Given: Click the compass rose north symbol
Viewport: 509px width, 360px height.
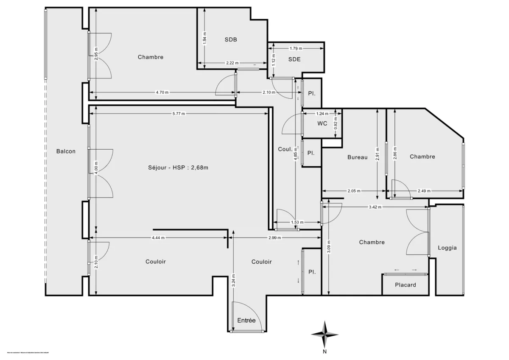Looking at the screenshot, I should coord(324,335).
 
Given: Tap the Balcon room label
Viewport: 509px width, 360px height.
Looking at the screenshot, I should coord(66,151).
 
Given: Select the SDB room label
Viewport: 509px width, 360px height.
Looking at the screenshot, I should coord(231,39).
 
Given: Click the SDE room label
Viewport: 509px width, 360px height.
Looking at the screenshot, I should coord(294,59).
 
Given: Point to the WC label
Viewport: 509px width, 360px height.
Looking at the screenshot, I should coord(322,124).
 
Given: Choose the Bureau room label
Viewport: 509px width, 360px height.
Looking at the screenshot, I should coord(357,157).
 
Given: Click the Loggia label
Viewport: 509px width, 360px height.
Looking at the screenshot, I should coord(447,248).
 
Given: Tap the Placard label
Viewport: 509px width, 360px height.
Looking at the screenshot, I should coord(406,285).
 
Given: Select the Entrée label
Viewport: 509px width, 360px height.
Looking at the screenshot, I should coord(246,320).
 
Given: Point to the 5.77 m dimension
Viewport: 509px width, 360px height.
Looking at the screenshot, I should coord(179,113).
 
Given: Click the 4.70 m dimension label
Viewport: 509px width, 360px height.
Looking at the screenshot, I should coord(162,92).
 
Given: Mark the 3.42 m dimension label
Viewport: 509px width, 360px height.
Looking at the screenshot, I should coord(375,207).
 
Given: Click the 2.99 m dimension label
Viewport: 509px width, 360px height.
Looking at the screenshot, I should coord(274,238).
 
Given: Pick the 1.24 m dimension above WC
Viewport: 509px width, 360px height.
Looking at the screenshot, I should coord(322,114).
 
